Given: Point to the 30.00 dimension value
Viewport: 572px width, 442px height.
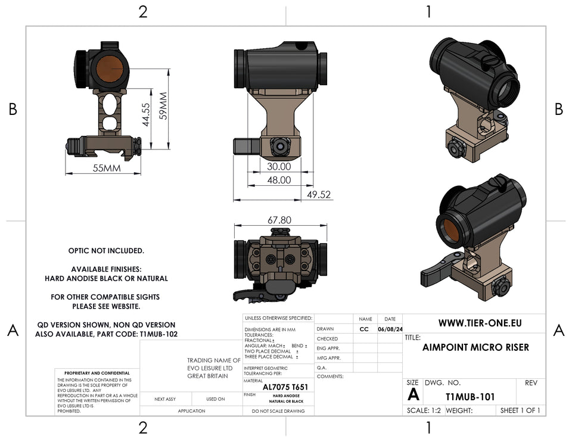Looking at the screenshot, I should click(x=279, y=167).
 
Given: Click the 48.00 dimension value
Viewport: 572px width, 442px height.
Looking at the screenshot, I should click(x=279, y=180).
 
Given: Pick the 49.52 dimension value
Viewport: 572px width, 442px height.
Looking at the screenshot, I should click(x=319, y=194).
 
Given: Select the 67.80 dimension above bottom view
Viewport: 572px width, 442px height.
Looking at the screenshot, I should click(x=279, y=220).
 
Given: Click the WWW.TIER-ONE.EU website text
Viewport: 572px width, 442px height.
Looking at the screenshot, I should click(x=480, y=323).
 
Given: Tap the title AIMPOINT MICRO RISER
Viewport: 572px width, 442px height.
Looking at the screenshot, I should click(x=475, y=347).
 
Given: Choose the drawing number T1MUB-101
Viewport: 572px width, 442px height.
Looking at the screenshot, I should click(x=470, y=396).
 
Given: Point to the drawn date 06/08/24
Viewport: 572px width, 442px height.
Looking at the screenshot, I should click(x=390, y=329).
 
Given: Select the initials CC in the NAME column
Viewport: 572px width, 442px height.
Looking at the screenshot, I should click(x=365, y=329).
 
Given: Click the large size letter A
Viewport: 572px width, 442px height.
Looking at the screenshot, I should click(x=413, y=394).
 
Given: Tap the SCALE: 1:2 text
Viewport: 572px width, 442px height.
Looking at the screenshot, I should click(x=424, y=410).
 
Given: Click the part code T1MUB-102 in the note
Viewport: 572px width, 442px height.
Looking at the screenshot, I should click(x=158, y=335).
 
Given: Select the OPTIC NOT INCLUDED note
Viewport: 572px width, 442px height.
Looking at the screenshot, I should click(x=106, y=251).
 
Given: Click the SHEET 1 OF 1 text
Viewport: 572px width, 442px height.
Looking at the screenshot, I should click(x=520, y=410).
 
